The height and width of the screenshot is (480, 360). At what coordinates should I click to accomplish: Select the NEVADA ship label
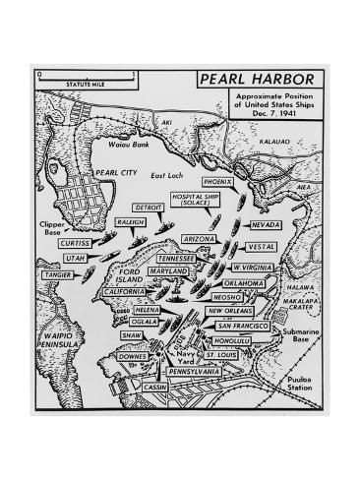click(267, 224)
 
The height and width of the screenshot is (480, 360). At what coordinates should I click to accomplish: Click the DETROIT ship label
click(150, 208)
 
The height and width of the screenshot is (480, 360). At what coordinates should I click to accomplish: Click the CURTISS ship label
click(76, 241)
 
